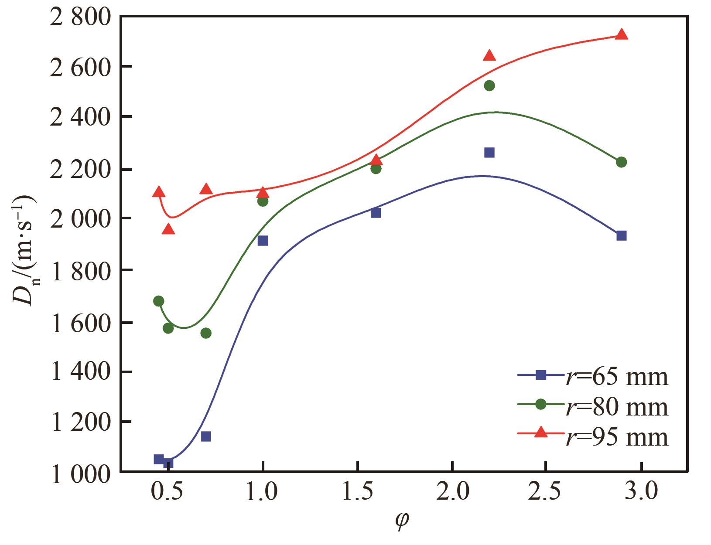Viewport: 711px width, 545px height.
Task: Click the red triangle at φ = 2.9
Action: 622,35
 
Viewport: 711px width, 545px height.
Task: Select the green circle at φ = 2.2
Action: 489,85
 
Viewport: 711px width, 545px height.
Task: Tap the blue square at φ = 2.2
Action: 489,153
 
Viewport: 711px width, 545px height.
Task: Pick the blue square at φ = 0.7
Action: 206,436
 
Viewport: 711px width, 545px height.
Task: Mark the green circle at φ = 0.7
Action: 206,333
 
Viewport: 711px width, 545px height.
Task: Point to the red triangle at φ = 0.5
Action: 168,229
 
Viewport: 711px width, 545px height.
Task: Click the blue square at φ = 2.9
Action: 622,236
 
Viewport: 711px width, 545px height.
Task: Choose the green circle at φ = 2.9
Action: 622,162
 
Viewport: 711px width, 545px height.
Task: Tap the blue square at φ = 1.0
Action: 263,241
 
